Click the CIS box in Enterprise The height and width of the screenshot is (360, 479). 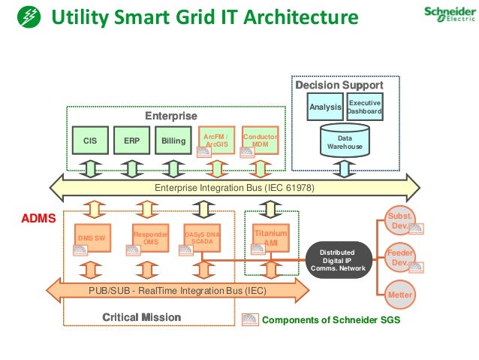click(90, 140)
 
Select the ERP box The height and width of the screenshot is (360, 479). click(132, 140)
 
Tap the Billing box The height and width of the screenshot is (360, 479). click(173, 140)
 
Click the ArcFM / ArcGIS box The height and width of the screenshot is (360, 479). click(217, 141)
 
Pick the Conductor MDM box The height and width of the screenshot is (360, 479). click(260, 141)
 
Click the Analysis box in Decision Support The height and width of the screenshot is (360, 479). click(326, 107)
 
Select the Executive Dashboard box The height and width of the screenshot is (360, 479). click(365, 107)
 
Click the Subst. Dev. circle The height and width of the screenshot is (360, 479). click(399, 221)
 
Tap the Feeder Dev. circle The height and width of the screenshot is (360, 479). click(399, 257)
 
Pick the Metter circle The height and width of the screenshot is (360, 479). click(399, 295)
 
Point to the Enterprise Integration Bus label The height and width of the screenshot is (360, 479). click(234, 187)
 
